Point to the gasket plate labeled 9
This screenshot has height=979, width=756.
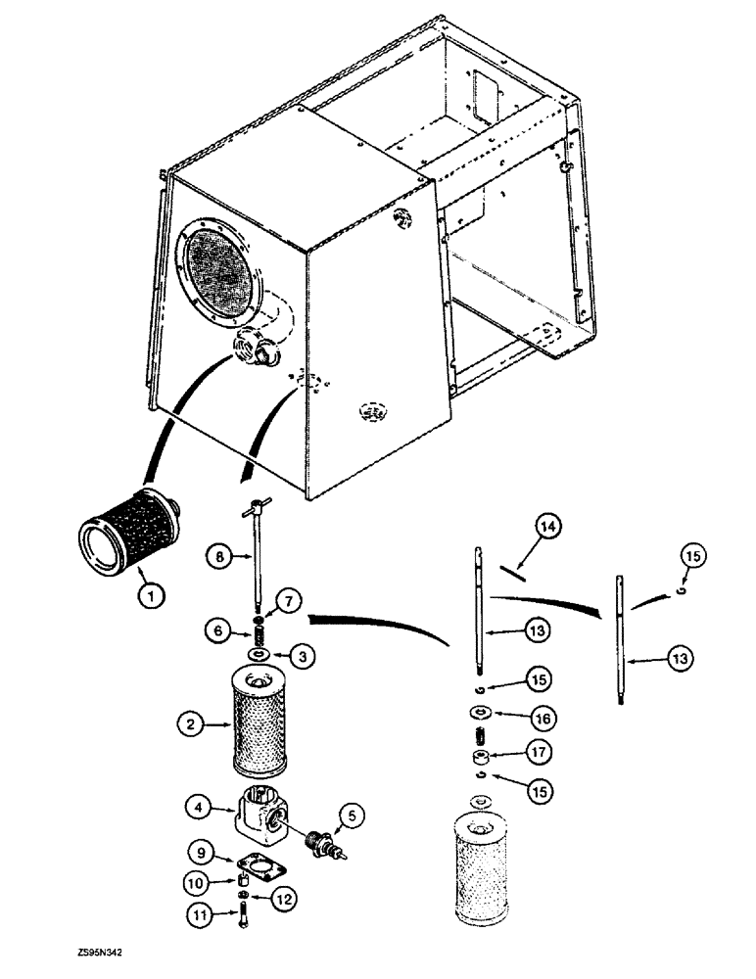(x=256, y=863)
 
